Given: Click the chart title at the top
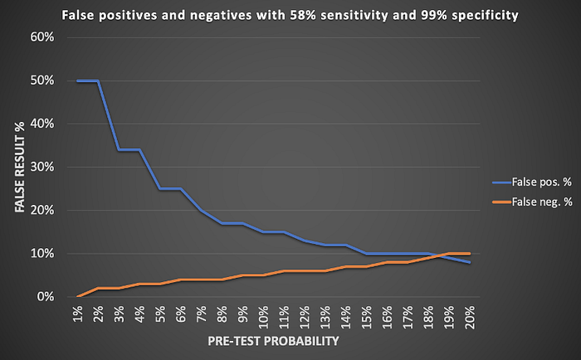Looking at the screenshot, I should click(290, 14).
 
